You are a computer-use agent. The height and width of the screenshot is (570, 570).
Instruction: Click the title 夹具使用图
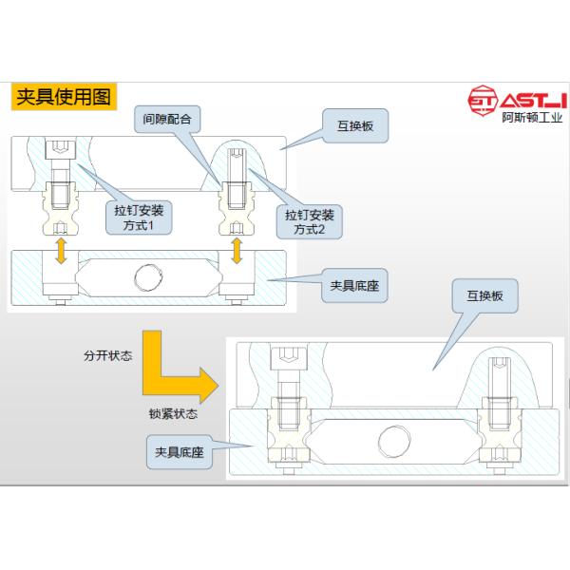(63, 97)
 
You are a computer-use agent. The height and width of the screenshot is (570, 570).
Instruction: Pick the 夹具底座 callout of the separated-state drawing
(353, 285)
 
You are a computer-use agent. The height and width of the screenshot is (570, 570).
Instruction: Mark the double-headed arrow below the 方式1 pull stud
(62, 250)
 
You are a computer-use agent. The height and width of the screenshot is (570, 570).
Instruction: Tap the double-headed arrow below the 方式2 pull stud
(237, 250)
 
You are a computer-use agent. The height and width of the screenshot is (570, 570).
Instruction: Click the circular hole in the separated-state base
(148, 276)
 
